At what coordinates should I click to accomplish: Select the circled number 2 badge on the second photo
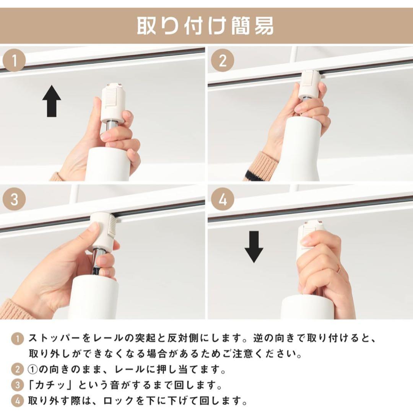coord(223,61)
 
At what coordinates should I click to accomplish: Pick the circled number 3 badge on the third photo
coord(14,199)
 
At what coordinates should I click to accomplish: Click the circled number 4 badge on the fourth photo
coord(223,199)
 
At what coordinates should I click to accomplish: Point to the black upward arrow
coord(52,101)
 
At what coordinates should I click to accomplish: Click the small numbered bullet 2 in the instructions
coord(17,370)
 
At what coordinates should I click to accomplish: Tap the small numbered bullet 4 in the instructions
coord(17,401)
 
